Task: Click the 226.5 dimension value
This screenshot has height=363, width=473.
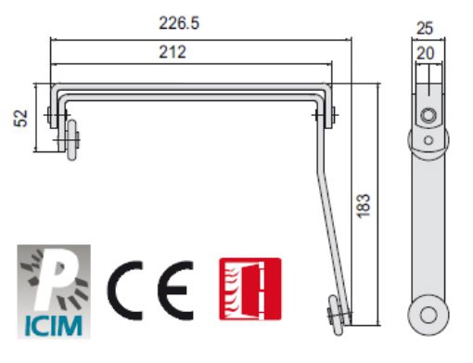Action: pos(179,23)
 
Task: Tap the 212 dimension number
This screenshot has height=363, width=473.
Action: pos(173,52)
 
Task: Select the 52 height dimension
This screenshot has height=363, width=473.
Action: pos(20,118)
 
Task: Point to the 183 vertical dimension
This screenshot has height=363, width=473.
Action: pos(364,206)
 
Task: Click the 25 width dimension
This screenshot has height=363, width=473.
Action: pos(425,28)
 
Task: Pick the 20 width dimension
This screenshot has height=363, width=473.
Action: pos(426,53)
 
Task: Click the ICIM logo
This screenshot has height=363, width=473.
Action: pos(54,292)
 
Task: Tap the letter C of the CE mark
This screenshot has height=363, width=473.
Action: pos(125,291)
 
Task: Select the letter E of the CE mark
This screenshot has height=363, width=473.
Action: pos(175,291)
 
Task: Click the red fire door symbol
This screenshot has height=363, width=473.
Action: pos(250,289)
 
